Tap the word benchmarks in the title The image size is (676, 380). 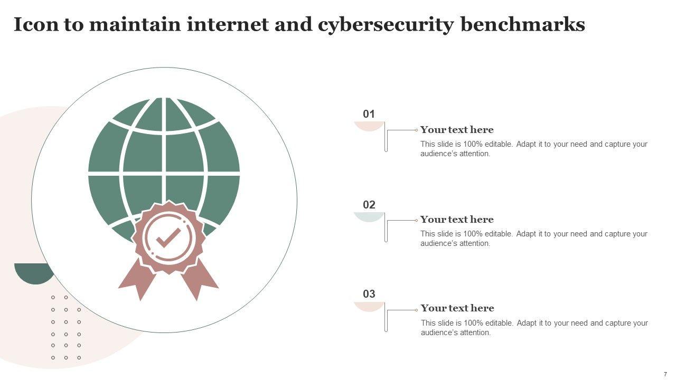(523, 24)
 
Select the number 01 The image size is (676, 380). (369, 114)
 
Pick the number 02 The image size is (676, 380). (369, 205)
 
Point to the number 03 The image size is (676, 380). (369, 294)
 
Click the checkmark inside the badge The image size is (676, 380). (168, 238)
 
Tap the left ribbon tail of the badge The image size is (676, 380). (136, 280)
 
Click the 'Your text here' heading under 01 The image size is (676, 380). (457, 130)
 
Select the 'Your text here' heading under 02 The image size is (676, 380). (457, 220)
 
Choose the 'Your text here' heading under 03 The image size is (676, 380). (457, 308)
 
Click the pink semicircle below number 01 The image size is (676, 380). (369, 126)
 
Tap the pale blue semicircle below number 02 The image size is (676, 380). (369, 216)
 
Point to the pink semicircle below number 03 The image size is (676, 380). (369, 306)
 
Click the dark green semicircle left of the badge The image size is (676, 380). (33, 272)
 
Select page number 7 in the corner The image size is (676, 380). (665, 374)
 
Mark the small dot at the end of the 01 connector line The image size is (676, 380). (416, 130)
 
